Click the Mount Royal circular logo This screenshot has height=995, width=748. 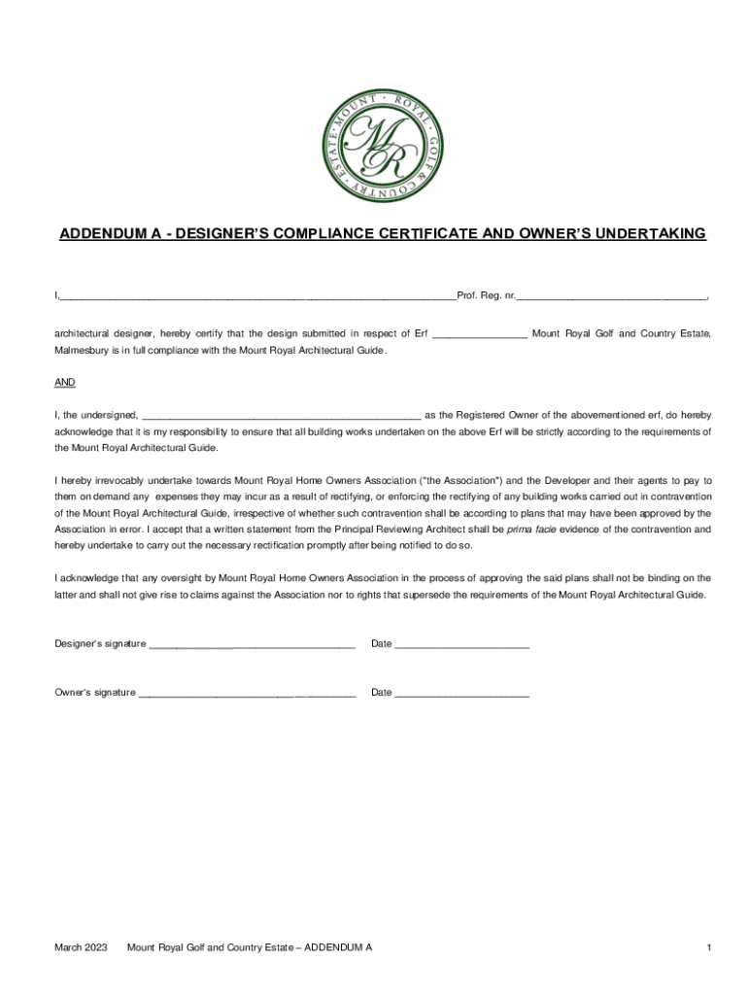pos(383,146)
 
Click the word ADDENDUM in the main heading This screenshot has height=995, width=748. pos(100,234)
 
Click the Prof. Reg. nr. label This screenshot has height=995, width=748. pos(486,294)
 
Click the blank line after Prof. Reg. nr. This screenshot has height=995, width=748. pos(611,295)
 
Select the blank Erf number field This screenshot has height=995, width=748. pos(479,335)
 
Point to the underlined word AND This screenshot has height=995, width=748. pos(64,383)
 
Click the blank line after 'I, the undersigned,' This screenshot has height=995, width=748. pos(282,416)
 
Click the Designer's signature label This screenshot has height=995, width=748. pos(99,643)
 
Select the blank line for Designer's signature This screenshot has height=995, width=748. pos(252,644)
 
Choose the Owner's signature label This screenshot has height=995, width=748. pos(94,693)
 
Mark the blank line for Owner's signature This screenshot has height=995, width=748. pos(247,694)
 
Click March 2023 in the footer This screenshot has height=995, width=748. pos(81,946)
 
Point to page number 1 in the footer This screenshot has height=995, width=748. pos(710,946)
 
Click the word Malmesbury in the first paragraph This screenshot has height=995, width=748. pos(85,350)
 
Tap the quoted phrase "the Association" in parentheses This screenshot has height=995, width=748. pos(459,480)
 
